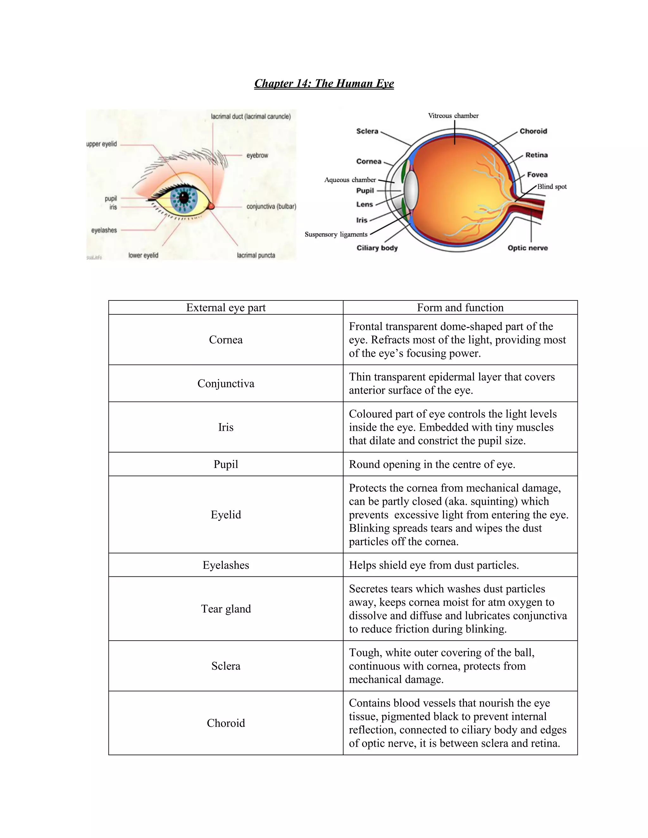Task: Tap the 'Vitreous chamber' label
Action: coord(453,115)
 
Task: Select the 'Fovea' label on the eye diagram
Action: coord(537,175)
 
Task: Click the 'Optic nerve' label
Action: coord(527,248)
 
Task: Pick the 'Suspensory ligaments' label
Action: coord(336,234)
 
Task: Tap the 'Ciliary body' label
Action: coord(377,248)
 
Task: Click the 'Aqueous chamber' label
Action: coord(350,180)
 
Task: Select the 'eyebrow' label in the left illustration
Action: coord(257,155)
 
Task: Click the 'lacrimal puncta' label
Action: coord(256,255)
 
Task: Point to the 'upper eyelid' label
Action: coord(101,144)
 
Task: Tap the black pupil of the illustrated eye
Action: coord(184,198)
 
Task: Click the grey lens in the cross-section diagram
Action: coord(411,190)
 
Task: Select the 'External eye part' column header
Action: coord(226,308)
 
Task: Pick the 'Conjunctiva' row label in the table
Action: coord(226,383)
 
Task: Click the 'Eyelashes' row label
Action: coord(226,565)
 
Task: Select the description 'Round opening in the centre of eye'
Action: coord(432,464)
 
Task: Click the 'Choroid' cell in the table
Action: coord(226,723)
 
